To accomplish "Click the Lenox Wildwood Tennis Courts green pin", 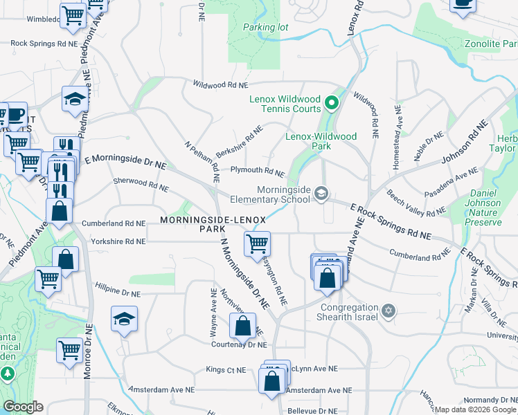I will [x=331, y=104].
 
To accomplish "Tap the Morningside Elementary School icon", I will [x=321, y=193].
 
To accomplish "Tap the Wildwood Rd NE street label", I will [x=220, y=85].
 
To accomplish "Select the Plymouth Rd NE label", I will [x=257, y=171].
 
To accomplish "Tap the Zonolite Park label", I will [x=491, y=44].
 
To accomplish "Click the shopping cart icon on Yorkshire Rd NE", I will [x=257, y=243].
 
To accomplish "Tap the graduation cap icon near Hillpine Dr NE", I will [x=124, y=318].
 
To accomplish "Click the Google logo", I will [x=23, y=407].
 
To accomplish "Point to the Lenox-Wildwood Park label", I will [x=321, y=141].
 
